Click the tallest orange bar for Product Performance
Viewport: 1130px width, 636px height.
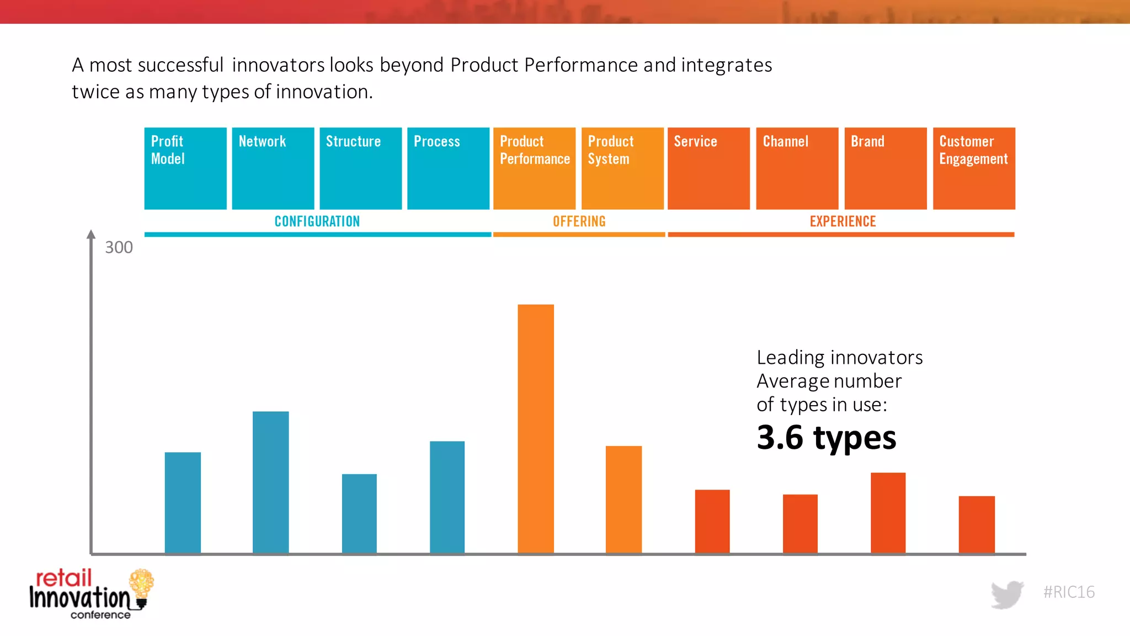(535, 428)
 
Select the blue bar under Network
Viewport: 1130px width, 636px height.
(270, 482)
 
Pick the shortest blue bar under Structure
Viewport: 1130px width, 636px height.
(359, 513)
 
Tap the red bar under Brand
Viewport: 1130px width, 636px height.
(888, 512)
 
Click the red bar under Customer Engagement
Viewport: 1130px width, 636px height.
(976, 524)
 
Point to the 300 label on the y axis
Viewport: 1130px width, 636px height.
(119, 247)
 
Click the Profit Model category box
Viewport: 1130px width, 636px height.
(185, 168)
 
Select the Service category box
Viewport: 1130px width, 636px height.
(708, 168)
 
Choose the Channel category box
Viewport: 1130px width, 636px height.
(797, 168)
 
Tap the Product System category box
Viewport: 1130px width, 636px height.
(622, 168)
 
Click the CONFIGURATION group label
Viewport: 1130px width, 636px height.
(317, 221)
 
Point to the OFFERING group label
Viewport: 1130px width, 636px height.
(579, 221)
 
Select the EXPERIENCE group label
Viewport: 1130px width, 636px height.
(843, 221)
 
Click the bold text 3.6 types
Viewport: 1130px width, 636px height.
(826, 438)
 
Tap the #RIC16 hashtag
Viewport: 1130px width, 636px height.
(1069, 592)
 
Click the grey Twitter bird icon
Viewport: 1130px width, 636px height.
(1007, 594)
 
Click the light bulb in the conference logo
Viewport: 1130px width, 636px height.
(141, 585)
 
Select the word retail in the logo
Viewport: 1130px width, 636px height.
(63, 578)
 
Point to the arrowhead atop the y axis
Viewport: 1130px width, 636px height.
(91, 234)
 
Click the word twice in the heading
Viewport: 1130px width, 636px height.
(94, 92)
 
